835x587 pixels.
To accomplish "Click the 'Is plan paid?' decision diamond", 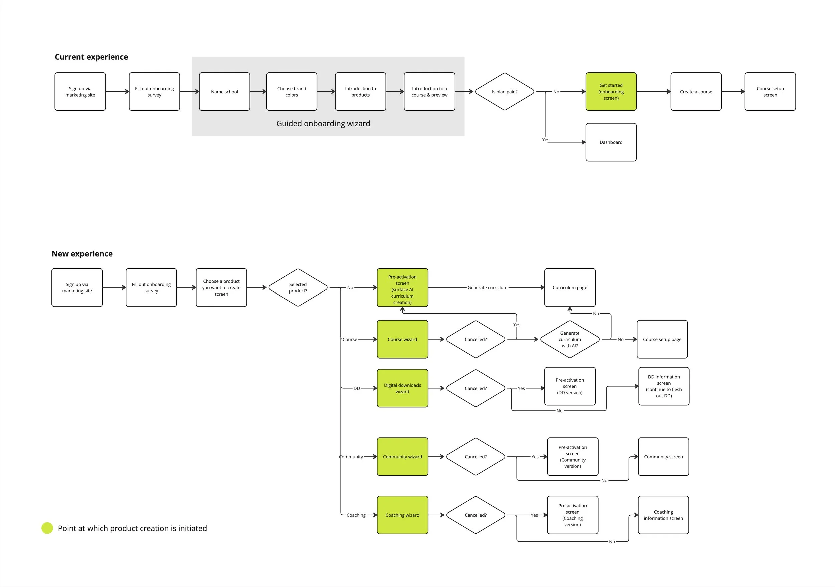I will coord(504,91).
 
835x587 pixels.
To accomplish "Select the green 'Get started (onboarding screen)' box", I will coord(611,91).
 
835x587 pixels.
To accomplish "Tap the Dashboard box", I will coord(611,142).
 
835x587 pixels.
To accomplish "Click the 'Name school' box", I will coord(224,91).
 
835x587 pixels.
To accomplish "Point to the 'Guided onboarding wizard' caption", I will coord(323,123).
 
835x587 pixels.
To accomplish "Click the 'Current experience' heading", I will coord(91,57).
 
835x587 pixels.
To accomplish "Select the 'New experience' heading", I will coord(82,254).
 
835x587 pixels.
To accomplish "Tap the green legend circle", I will coord(47,528).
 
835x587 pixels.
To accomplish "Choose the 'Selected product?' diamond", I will coord(298,288).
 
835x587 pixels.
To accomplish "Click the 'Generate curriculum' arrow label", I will coord(487,288).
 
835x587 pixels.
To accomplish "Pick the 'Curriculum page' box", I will coord(569,288).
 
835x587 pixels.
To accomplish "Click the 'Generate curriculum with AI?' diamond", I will coord(569,339).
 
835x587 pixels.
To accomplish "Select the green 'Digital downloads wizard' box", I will coord(402,388).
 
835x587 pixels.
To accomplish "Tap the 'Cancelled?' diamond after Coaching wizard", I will coord(475,515).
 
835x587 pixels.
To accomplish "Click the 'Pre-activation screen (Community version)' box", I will coord(572,457).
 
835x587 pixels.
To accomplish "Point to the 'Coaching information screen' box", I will coord(663,515).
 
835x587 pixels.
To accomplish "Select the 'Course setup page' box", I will coord(662,339).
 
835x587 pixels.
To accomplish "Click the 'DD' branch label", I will coord(357,388).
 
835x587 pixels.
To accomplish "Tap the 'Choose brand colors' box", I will coord(291,91).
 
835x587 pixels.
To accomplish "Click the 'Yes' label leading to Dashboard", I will coord(545,140).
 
